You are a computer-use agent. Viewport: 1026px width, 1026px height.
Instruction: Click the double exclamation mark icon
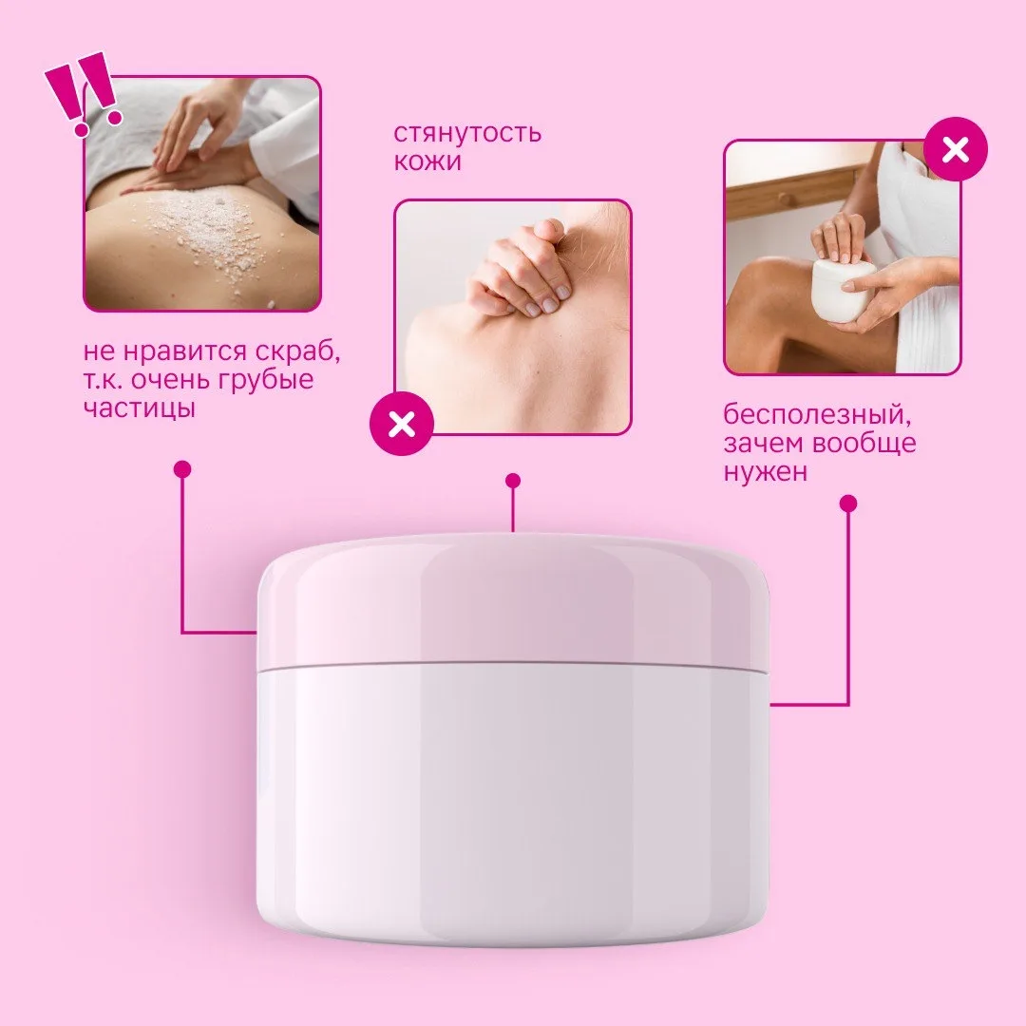pyautogui.click(x=84, y=93)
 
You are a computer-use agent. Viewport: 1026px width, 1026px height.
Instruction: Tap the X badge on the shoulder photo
pyautogui.click(x=402, y=424)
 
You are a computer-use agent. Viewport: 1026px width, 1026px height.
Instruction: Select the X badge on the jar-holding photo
pyautogui.click(x=956, y=150)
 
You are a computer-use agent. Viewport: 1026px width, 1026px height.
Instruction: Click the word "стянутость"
pyautogui.click(x=467, y=133)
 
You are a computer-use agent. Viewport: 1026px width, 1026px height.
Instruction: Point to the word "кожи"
pyautogui.click(x=427, y=161)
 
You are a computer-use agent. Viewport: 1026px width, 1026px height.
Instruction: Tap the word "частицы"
pyautogui.click(x=140, y=408)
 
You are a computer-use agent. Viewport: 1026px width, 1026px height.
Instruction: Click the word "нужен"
pyautogui.click(x=765, y=472)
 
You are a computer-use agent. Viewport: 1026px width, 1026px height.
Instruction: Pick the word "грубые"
pyautogui.click(x=266, y=380)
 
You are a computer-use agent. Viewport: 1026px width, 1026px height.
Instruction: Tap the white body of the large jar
pyautogui.click(x=513, y=805)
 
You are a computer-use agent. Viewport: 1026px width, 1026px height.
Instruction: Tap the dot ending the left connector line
pyautogui.click(x=182, y=469)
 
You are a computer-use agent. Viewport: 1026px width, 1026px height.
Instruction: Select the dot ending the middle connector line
pyautogui.click(x=513, y=481)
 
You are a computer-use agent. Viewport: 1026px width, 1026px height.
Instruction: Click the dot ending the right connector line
pyautogui.click(x=848, y=503)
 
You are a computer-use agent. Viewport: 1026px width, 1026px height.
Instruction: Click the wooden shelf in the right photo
pyautogui.click(x=795, y=190)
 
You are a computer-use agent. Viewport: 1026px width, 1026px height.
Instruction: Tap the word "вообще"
pyautogui.click(x=864, y=444)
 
